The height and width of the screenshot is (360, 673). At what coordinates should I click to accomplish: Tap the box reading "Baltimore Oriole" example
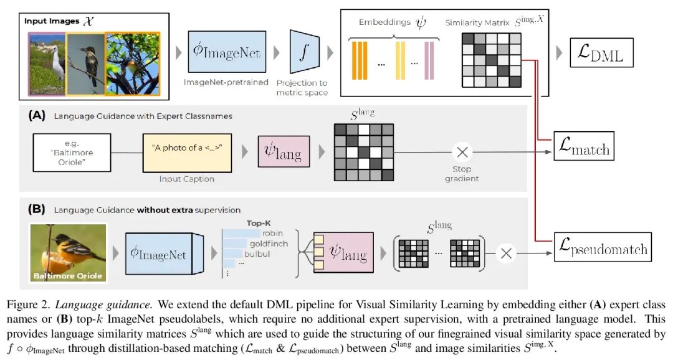71,151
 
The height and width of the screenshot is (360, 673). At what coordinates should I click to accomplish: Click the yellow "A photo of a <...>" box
187,151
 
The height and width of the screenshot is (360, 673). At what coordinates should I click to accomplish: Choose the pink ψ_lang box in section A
284,151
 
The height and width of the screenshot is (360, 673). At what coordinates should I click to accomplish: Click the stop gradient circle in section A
462,152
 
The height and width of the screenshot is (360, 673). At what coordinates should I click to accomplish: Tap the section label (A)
36,115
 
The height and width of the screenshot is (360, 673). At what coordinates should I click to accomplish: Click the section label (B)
36,210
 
